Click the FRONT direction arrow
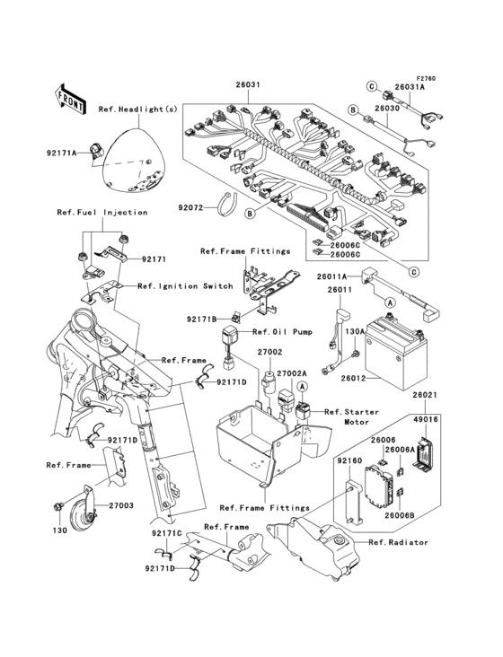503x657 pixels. [x=70, y=100]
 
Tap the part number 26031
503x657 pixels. [x=248, y=84]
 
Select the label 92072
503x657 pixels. [x=190, y=207]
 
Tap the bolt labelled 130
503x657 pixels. [x=58, y=506]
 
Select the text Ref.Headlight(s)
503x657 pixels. [x=138, y=109]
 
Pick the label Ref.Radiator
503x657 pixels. [x=398, y=543]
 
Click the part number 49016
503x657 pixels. [x=426, y=419]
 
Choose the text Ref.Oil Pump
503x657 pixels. [x=283, y=332]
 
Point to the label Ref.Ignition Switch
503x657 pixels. [x=185, y=286]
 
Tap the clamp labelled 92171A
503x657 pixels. [x=96, y=151]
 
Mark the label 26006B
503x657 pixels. [x=400, y=515]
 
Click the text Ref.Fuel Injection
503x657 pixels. [x=102, y=213]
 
